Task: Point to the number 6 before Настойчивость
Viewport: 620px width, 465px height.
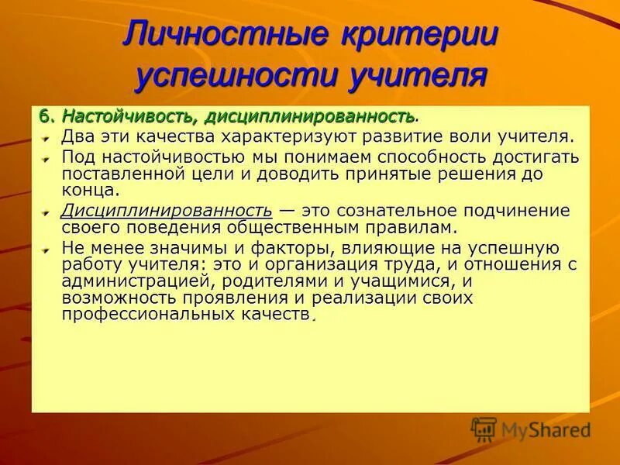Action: click(x=45, y=116)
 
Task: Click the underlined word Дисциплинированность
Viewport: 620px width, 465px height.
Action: click(x=167, y=210)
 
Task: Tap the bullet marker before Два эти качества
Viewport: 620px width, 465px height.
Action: click(x=46, y=138)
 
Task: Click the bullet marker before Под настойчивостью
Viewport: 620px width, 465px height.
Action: click(x=46, y=157)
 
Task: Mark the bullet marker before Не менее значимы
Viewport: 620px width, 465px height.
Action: click(x=46, y=250)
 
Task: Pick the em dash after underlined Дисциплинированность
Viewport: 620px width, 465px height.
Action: click(x=286, y=210)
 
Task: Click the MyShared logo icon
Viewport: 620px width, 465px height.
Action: click(x=484, y=429)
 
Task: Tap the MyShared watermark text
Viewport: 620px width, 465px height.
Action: click(x=546, y=430)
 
